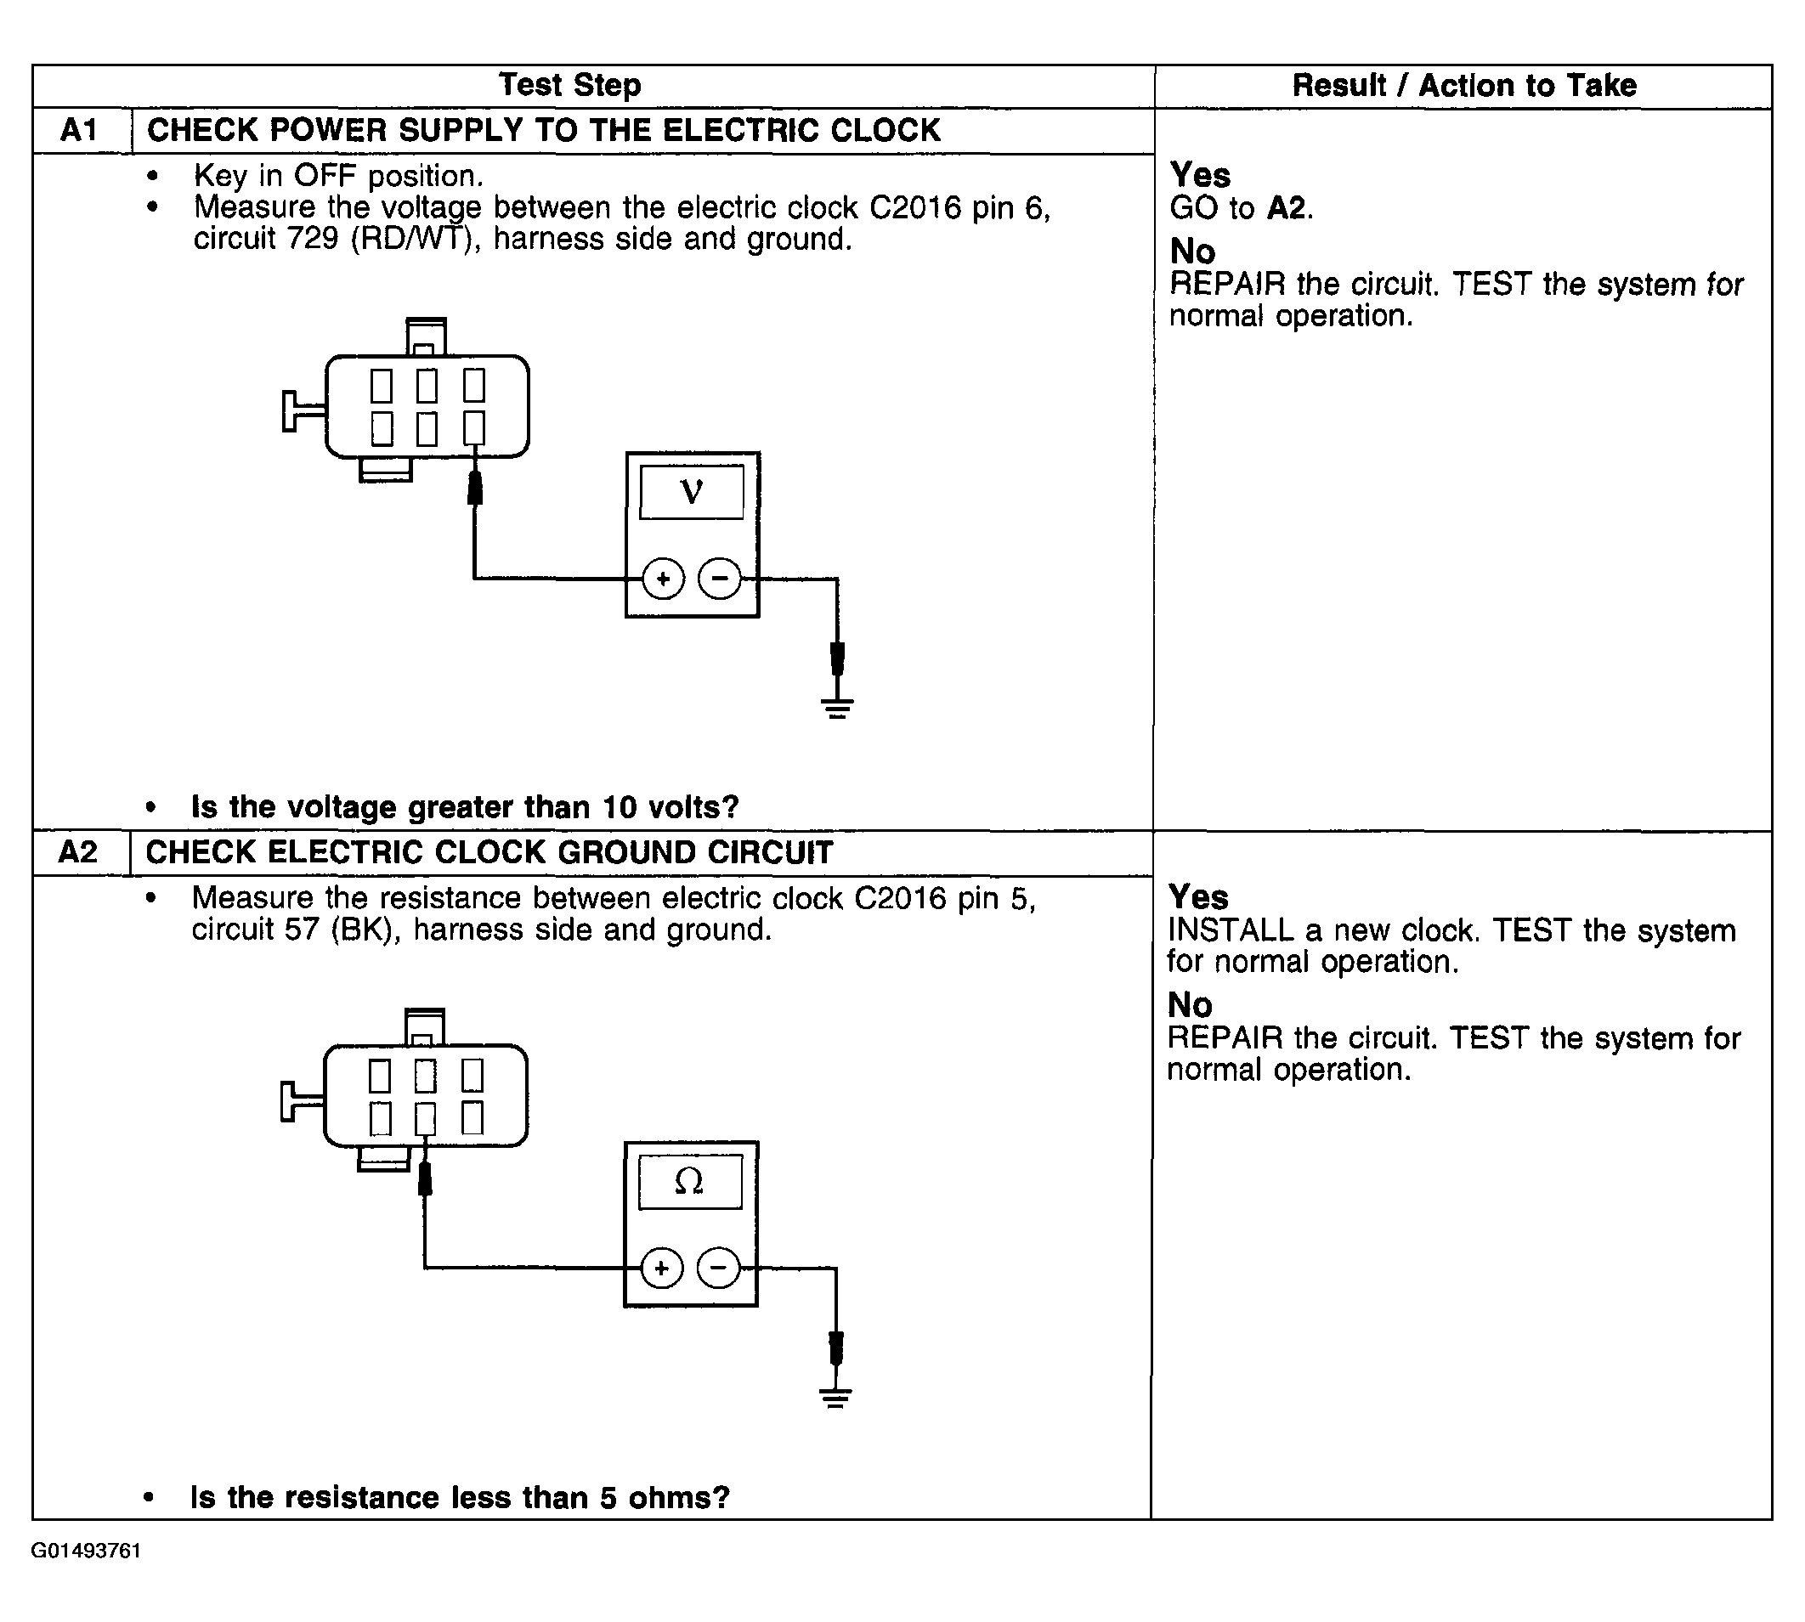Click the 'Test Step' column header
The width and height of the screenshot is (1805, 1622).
(569, 86)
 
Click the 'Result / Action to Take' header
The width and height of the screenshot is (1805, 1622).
(1464, 86)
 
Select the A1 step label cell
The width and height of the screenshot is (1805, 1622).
(79, 131)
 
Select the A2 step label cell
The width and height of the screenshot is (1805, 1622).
(78, 853)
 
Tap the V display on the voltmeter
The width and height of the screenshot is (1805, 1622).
(692, 492)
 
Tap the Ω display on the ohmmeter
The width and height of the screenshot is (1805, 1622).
(690, 1182)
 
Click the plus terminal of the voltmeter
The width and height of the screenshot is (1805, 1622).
(663, 579)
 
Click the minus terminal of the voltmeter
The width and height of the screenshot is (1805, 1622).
(719, 579)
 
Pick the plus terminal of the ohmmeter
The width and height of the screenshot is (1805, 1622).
(661, 1269)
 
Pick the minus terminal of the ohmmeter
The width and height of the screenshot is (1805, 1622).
(718, 1269)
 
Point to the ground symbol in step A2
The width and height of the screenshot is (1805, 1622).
(835, 1398)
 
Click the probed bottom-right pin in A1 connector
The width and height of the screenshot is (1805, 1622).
(474, 427)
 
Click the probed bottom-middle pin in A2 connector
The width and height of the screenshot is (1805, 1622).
(426, 1118)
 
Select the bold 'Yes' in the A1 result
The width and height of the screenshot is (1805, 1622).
(1200, 175)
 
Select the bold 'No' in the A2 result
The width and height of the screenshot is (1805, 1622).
(1190, 1005)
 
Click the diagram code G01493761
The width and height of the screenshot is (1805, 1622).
(87, 1551)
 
